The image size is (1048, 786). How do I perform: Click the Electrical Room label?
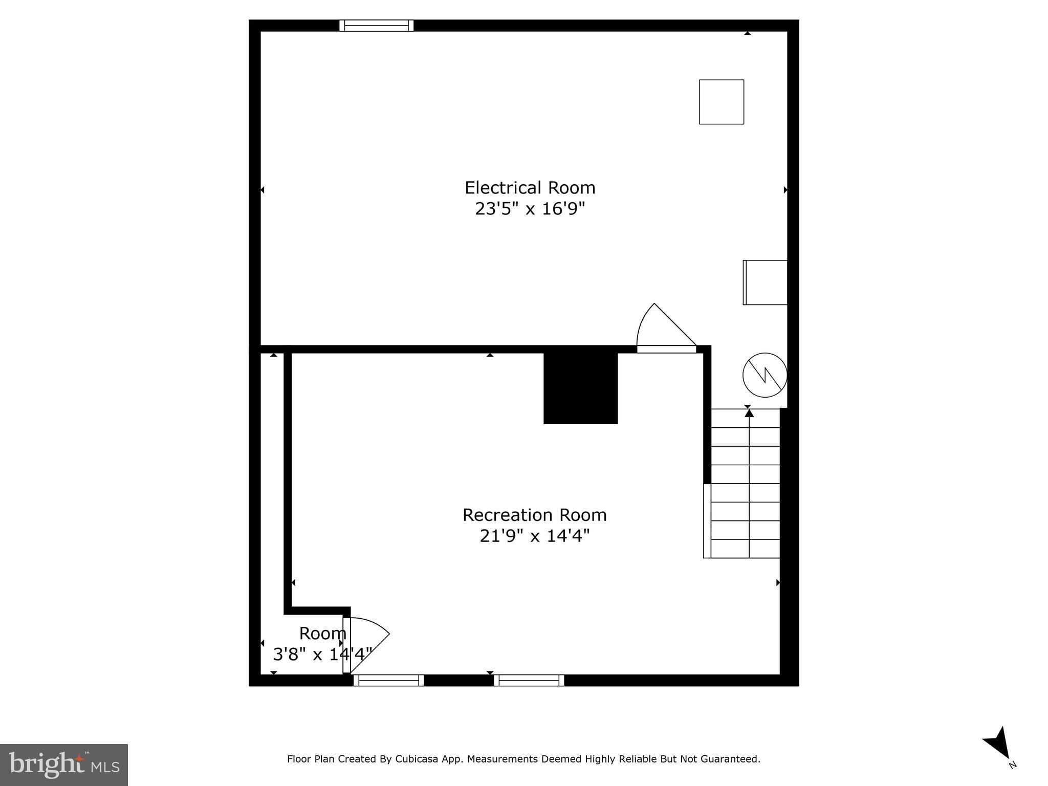click(x=530, y=188)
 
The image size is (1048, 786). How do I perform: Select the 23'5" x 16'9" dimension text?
click(x=530, y=209)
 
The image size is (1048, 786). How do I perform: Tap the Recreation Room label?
click(x=534, y=515)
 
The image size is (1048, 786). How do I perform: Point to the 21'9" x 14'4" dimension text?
click(x=534, y=536)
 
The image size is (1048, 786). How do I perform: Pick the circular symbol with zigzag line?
click(x=765, y=375)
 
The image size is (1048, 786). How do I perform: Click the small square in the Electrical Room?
click(x=722, y=102)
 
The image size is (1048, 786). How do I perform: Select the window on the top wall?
click(x=376, y=26)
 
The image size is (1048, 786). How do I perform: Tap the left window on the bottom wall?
click(x=388, y=680)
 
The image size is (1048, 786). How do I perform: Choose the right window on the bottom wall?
click(x=529, y=680)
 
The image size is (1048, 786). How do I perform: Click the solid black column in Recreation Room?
click(x=580, y=388)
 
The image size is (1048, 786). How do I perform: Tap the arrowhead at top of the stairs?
click(x=749, y=412)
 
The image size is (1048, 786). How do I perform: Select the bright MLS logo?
click(x=64, y=765)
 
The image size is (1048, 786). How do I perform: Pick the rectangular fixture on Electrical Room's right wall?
click(x=765, y=282)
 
